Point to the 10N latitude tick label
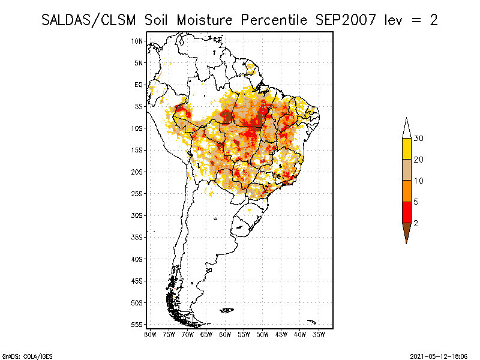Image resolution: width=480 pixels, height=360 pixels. [x=137, y=41]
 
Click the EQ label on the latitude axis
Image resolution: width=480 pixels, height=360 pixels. [x=139, y=85]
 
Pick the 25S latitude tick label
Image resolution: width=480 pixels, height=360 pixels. [x=137, y=193]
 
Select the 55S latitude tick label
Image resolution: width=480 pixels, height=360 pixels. [x=137, y=324]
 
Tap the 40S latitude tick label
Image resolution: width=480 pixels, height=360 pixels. [x=137, y=259]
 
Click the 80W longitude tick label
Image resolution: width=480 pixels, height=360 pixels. [x=150, y=334]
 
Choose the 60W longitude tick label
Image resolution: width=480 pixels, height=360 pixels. [x=225, y=334]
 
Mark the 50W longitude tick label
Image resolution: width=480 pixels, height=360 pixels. [x=262, y=334]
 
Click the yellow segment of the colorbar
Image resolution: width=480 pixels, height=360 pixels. [x=406, y=149]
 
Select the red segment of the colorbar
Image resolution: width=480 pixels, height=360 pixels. [x=406, y=212]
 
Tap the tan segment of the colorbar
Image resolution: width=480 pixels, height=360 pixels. [x=406, y=170]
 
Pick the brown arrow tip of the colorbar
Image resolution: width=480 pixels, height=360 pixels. [x=406, y=232]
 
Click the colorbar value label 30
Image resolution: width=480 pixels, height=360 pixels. [x=419, y=139]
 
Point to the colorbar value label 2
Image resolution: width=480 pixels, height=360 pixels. [x=416, y=223]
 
